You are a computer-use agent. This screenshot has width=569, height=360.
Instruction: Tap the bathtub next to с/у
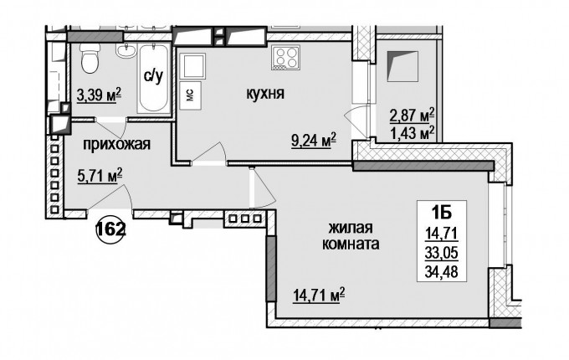click(x=154, y=78)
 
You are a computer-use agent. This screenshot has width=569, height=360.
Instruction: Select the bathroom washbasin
click(x=126, y=50)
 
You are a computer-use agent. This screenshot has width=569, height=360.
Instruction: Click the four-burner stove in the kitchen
click(x=284, y=58)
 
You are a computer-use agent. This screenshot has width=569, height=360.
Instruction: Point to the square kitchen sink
click(x=192, y=66)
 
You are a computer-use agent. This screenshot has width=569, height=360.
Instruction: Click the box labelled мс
click(x=191, y=95)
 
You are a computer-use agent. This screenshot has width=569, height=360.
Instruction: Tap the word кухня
click(x=265, y=95)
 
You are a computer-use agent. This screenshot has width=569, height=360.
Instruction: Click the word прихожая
click(x=117, y=145)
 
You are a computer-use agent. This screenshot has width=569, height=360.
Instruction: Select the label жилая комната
click(x=351, y=236)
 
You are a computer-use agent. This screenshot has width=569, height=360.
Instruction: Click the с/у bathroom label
click(x=153, y=76)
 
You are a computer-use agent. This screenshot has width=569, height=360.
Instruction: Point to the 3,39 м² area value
click(x=99, y=95)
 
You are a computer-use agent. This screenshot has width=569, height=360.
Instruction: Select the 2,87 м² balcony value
click(x=413, y=116)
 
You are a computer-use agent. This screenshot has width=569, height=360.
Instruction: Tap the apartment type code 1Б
click(x=442, y=213)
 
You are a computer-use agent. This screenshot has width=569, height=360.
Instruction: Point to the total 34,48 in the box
click(x=442, y=271)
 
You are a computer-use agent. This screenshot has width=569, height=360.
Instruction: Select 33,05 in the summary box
click(x=442, y=252)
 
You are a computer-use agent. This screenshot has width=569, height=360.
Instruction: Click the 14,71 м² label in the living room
click(x=319, y=295)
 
